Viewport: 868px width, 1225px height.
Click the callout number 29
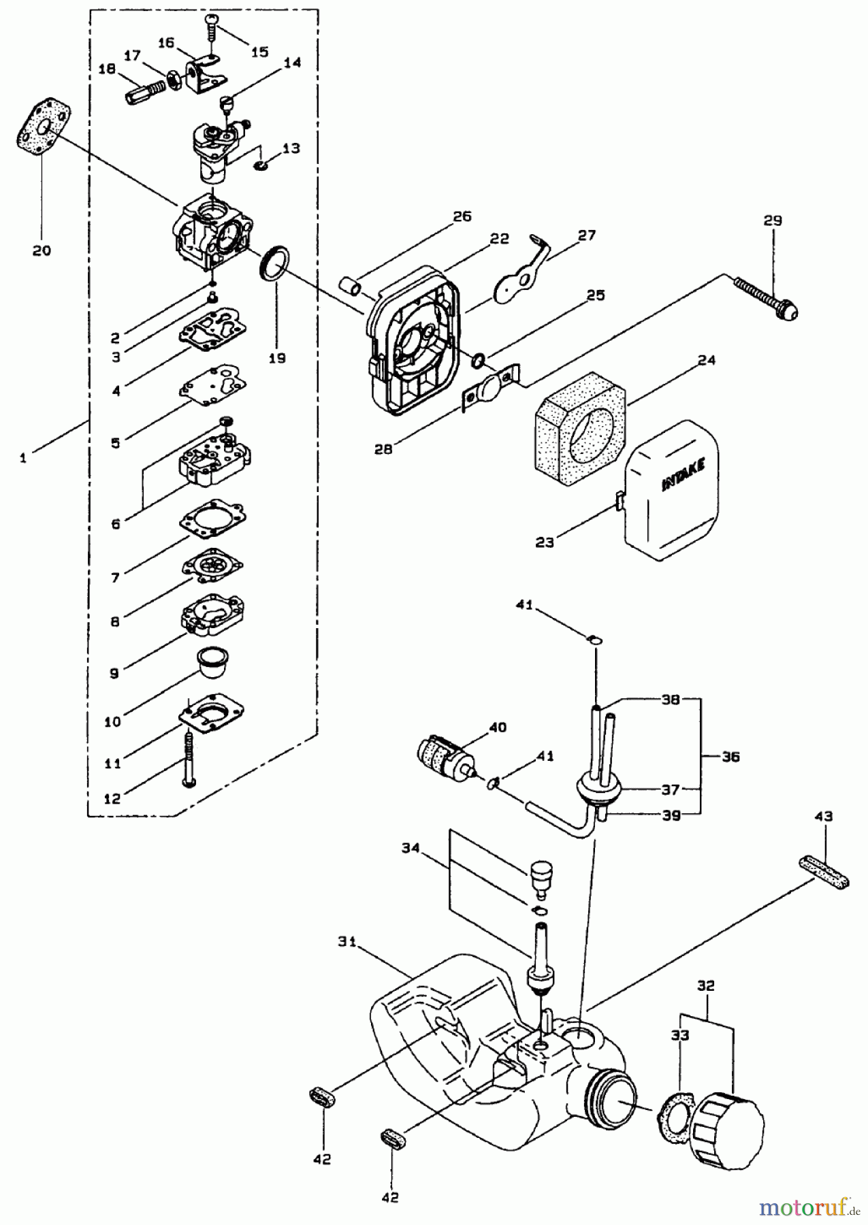point(773,220)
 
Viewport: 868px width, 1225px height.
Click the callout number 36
point(730,756)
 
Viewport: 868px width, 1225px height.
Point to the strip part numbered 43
point(824,873)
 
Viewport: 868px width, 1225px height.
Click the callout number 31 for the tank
point(348,942)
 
